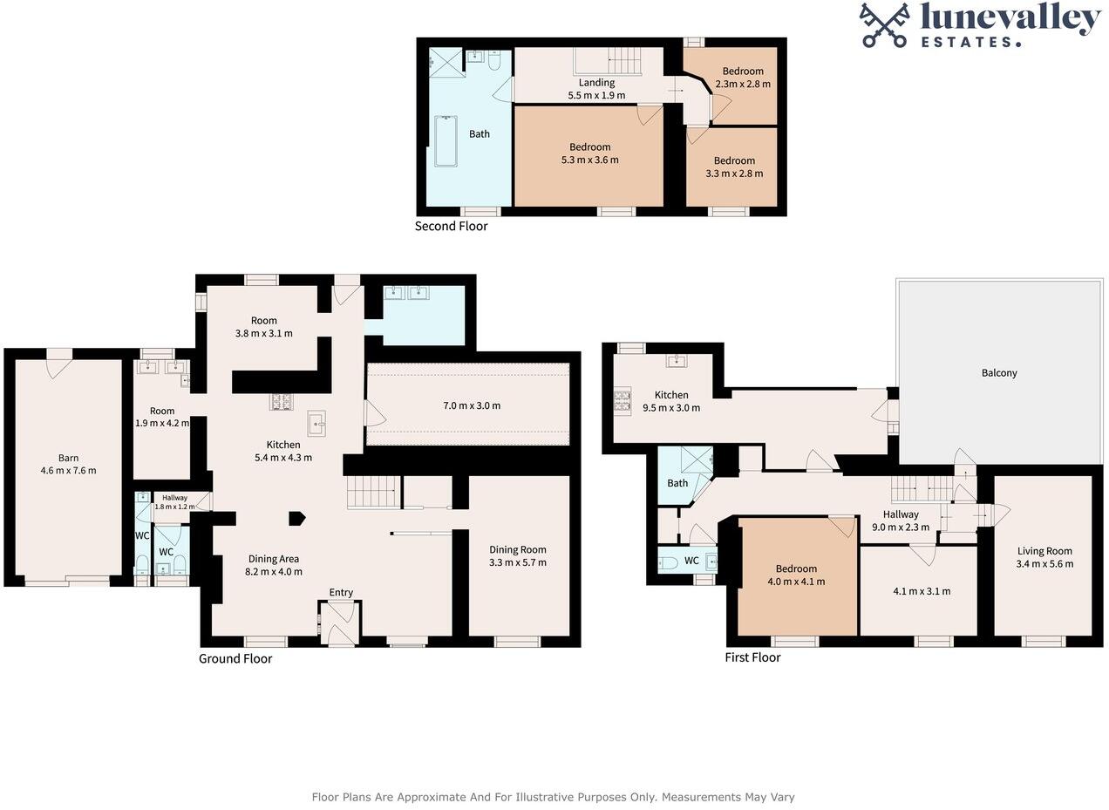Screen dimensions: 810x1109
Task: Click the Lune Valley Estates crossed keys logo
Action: click(x=885, y=24)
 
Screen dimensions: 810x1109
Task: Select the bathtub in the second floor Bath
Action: click(x=446, y=141)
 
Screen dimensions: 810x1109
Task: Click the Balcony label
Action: click(x=999, y=373)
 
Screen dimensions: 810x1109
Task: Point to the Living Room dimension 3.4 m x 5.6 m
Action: click(x=1044, y=564)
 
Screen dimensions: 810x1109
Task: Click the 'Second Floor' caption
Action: click(x=451, y=227)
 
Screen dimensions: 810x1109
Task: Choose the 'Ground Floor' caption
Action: click(x=235, y=659)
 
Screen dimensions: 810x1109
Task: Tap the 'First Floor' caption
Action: click(x=752, y=657)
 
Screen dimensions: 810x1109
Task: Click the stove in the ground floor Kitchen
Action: click(x=282, y=402)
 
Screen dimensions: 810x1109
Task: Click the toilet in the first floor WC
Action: click(x=668, y=562)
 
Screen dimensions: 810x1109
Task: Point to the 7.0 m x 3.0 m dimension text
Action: click(x=472, y=405)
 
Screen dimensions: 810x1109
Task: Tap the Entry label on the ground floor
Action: click(x=341, y=593)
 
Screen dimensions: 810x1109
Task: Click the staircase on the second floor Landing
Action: click(x=623, y=61)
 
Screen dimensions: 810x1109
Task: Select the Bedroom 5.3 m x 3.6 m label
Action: click(x=590, y=153)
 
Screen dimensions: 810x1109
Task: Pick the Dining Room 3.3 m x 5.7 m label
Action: click(x=518, y=556)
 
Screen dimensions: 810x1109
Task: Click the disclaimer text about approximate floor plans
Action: click(x=553, y=797)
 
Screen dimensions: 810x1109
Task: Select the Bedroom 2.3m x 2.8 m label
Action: click(x=742, y=78)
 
